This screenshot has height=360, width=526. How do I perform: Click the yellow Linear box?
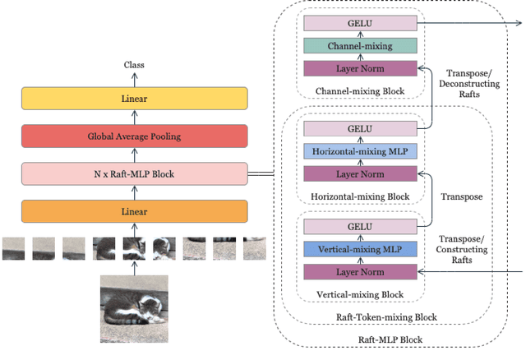tap(134, 99)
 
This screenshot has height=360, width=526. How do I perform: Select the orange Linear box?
tap(134, 211)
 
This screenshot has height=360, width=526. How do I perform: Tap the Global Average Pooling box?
tap(134, 136)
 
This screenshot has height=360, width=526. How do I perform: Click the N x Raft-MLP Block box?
tap(134, 173)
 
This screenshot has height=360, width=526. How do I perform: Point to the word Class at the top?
tap(134, 64)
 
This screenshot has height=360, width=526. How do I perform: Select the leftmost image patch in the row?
tap(13, 248)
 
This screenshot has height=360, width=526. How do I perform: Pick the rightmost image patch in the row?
tap(254, 248)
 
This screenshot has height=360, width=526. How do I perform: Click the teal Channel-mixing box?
tap(361, 46)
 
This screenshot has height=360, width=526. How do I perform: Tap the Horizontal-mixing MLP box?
tap(361, 151)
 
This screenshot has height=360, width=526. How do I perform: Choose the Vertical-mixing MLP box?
tap(361, 248)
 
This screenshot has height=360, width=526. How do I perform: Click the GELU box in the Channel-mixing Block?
tap(361, 25)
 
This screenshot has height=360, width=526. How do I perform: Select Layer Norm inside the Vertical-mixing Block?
tap(361, 270)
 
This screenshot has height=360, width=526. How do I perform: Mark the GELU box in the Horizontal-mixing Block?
tap(361, 129)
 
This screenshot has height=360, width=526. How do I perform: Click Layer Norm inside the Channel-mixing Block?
tap(361, 69)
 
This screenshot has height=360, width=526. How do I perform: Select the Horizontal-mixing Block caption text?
tap(361, 196)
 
